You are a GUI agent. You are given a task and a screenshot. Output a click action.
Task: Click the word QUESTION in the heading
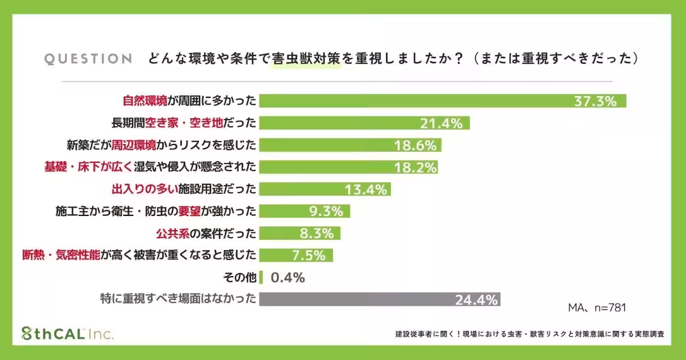(x=88, y=59)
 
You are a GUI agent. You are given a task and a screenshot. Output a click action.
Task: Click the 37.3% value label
(x=595, y=101)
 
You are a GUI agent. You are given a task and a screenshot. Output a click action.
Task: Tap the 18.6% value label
(x=416, y=145)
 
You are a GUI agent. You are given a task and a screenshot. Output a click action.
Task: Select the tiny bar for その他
(x=261, y=278)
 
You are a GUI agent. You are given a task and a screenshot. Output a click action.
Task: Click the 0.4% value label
(x=288, y=278)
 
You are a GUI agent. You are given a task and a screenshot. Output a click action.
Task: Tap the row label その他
(x=241, y=278)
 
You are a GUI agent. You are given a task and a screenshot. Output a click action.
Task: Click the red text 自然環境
(x=145, y=101)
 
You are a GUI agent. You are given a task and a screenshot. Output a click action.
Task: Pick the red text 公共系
(x=171, y=233)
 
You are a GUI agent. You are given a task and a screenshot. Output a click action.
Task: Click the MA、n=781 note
(x=597, y=307)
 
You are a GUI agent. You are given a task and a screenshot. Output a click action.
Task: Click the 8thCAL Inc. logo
(x=67, y=334)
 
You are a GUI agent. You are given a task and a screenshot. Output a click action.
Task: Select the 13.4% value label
(x=366, y=189)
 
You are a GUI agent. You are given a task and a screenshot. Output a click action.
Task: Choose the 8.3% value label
(x=316, y=233)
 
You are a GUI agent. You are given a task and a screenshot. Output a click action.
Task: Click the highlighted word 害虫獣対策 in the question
(x=306, y=59)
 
